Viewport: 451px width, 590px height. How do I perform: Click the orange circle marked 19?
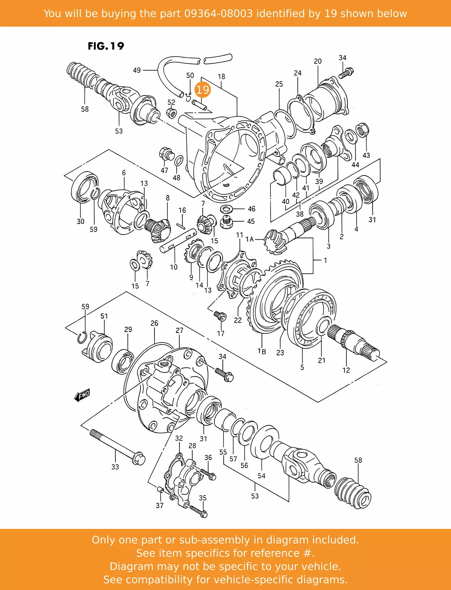coord(203,90)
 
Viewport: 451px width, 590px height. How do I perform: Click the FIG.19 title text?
coord(106,46)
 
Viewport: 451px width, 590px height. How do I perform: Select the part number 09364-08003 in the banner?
coord(218,13)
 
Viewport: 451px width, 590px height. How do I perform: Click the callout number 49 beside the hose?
coord(137,70)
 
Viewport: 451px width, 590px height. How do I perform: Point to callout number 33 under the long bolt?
coord(115,467)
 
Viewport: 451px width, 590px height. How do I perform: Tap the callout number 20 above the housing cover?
coord(318,61)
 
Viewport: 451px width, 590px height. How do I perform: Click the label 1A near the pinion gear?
coord(249,239)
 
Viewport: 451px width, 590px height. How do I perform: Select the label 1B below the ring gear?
coord(262,351)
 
